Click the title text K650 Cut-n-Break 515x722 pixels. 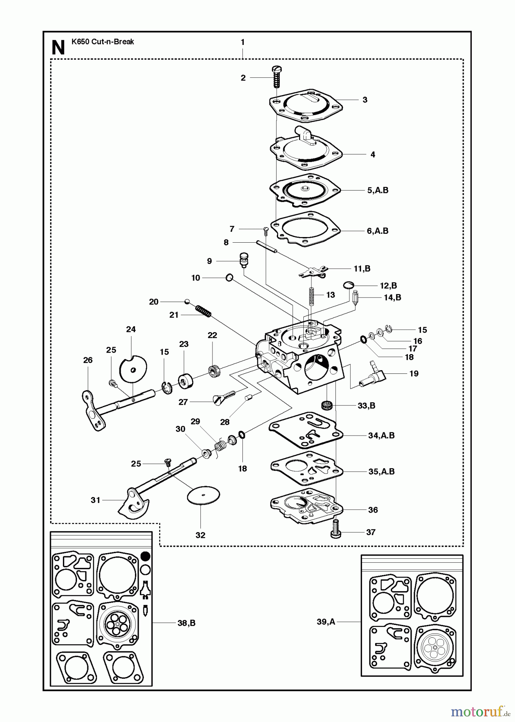[103, 42]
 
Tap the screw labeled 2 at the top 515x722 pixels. [276, 77]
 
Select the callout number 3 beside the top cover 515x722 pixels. [365, 100]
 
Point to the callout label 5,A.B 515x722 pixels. [378, 191]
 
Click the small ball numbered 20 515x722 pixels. [187, 301]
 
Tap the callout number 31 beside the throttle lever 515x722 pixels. [95, 500]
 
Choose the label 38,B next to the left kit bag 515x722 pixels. [186, 623]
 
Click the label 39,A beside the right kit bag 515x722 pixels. [326, 622]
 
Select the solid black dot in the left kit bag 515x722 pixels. [146, 556]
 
